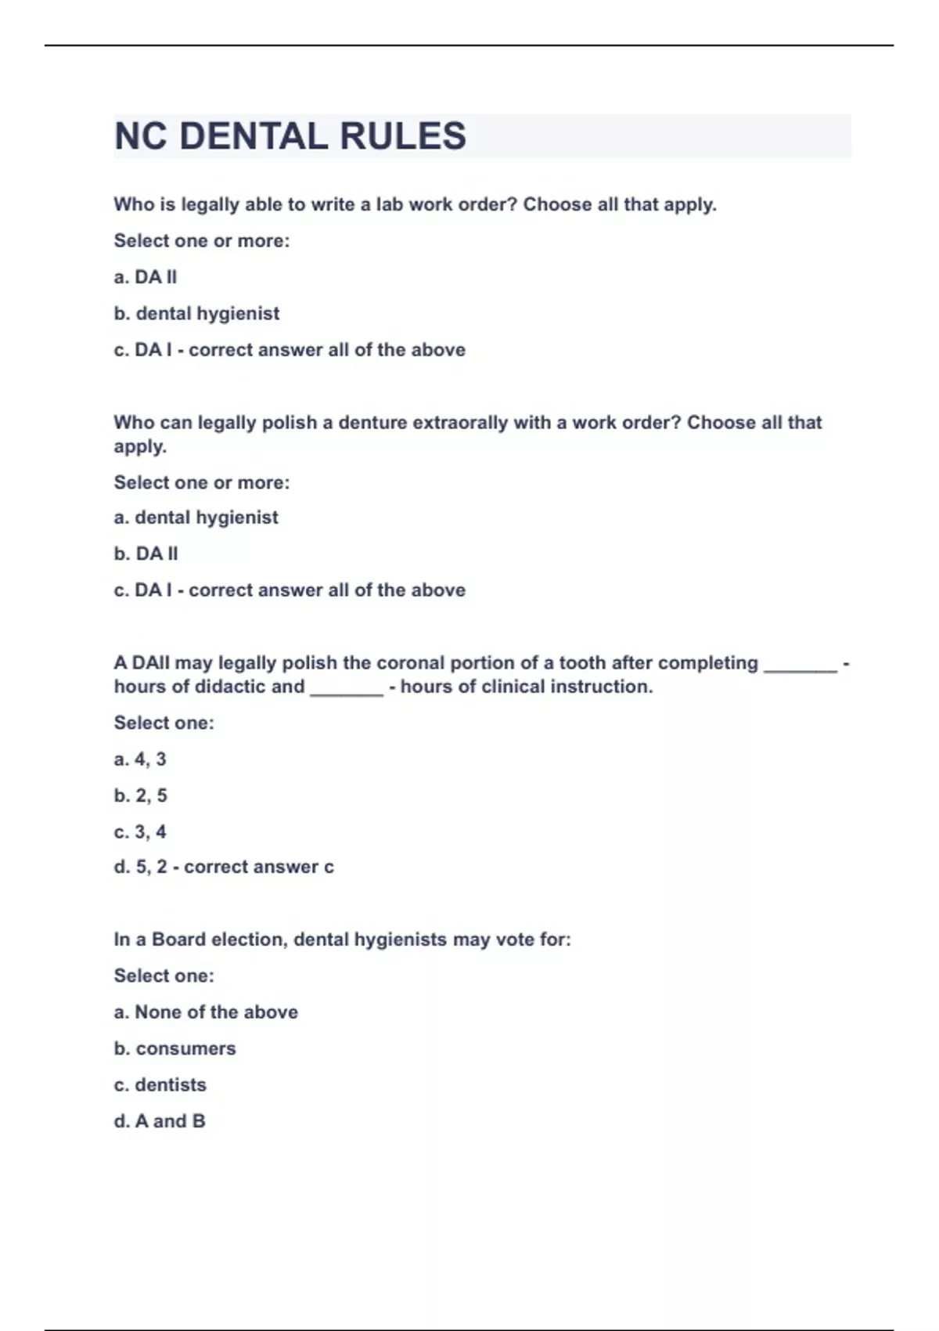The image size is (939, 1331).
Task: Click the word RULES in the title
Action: pyautogui.click(x=403, y=136)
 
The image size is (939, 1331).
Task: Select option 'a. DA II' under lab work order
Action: pyautogui.click(x=146, y=277)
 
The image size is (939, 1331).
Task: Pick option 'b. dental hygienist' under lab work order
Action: pyautogui.click(x=196, y=314)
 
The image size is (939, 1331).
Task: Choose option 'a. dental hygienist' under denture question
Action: pyautogui.click(x=196, y=518)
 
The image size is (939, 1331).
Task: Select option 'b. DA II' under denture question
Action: pyautogui.click(x=146, y=554)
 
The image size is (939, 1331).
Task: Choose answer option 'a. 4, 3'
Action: pyautogui.click(x=140, y=759)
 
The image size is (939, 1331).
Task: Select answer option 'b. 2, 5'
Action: pyautogui.click(x=140, y=795)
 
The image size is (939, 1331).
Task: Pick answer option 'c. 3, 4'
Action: pyautogui.click(x=140, y=831)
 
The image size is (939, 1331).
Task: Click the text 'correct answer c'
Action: pyautogui.click(x=259, y=867)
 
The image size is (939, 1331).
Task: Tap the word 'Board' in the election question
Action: pyautogui.click(x=178, y=940)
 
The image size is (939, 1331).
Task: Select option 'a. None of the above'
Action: pyautogui.click(x=206, y=1012)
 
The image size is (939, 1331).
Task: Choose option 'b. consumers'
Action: pyautogui.click(x=174, y=1048)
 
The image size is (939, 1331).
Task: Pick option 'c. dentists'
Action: pyautogui.click(x=160, y=1085)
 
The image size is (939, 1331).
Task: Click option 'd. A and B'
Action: pyautogui.click(x=160, y=1121)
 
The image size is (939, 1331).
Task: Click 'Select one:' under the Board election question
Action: pyautogui.click(x=164, y=976)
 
